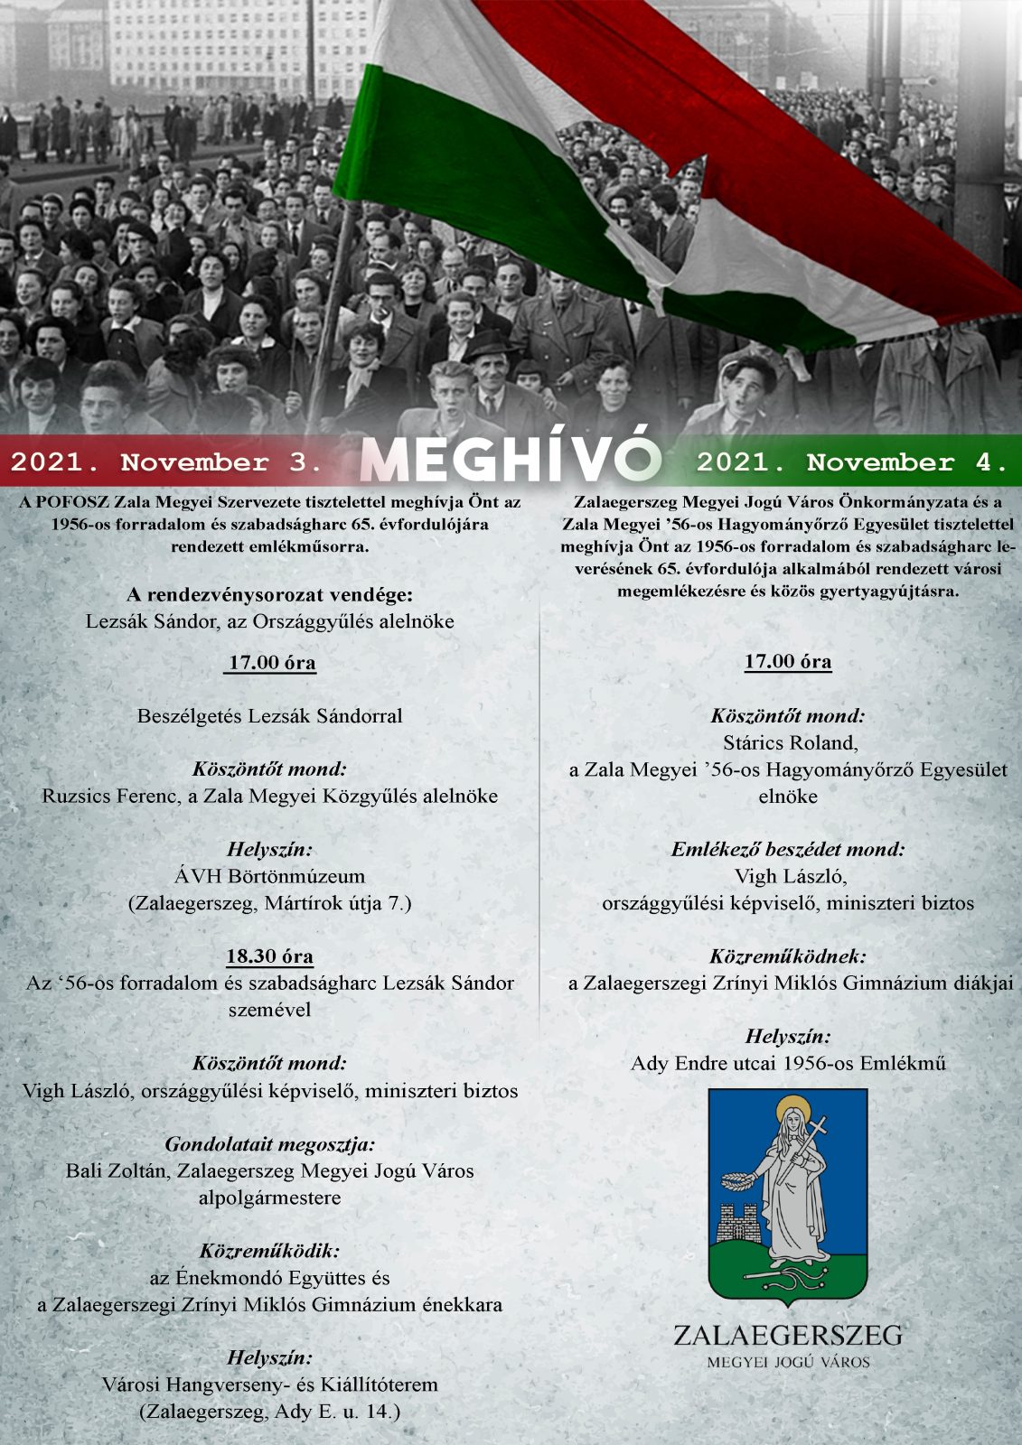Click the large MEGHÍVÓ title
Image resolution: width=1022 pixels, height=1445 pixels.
(x=511, y=461)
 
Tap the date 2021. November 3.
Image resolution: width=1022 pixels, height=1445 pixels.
(x=166, y=463)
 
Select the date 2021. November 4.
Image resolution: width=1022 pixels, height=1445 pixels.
(x=852, y=463)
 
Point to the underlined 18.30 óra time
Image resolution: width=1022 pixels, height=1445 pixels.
(x=269, y=956)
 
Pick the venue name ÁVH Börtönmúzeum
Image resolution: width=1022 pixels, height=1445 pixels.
(x=269, y=876)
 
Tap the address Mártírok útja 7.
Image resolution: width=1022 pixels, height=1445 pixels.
(x=337, y=903)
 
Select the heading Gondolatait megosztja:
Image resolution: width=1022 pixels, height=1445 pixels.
(x=269, y=1144)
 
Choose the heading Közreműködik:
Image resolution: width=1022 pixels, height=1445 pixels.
(x=269, y=1251)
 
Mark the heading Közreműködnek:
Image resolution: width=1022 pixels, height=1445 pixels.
(x=788, y=956)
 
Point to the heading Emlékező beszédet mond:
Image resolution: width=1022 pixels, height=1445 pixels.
(x=788, y=850)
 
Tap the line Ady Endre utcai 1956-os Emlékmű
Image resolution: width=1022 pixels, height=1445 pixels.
(x=788, y=1063)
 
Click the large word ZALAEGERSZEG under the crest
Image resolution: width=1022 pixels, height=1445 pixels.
(x=788, y=1335)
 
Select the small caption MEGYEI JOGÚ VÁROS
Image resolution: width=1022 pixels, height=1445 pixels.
(x=788, y=1362)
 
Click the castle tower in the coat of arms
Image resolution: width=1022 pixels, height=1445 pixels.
(x=736, y=1224)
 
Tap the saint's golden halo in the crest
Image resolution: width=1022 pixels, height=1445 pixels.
(x=792, y=1107)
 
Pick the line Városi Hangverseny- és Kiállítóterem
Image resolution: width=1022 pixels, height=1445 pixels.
(x=269, y=1384)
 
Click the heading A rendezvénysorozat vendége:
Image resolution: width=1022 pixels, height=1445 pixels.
(x=269, y=595)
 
